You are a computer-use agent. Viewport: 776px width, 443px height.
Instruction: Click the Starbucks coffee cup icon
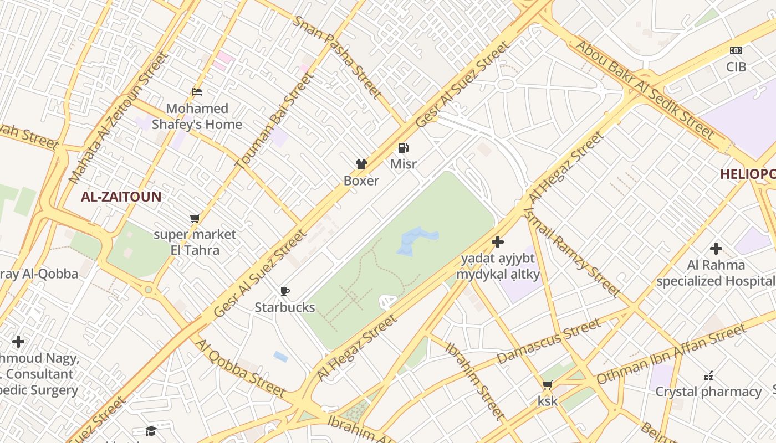(x=285, y=291)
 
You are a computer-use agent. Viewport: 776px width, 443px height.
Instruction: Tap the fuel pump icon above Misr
(x=404, y=148)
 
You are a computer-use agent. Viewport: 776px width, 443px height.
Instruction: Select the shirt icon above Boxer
(x=361, y=164)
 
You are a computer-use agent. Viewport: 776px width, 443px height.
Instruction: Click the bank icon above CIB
(x=736, y=50)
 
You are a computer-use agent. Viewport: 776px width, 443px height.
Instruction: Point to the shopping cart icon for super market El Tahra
(x=195, y=219)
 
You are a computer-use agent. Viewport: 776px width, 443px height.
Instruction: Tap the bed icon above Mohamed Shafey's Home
(x=197, y=92)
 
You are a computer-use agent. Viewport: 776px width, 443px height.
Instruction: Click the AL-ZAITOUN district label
(x=121, y=197)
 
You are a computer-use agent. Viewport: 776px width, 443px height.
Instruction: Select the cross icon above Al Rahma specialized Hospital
(x=716, y=249)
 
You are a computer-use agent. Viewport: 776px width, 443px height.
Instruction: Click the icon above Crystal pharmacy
(x=708, y=376)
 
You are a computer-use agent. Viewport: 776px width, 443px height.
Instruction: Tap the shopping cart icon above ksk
(x=548, y=385)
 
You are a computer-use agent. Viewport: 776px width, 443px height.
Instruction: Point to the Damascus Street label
(x=549, y=341)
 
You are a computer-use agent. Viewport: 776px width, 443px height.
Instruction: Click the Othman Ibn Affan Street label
(x=671, y=354)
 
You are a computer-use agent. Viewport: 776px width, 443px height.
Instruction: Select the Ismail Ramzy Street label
(x=573, y=249)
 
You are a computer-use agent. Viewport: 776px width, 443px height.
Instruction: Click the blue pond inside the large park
(x=416, y=241)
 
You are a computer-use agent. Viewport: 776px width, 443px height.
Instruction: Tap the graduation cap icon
(x=151, y=431)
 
